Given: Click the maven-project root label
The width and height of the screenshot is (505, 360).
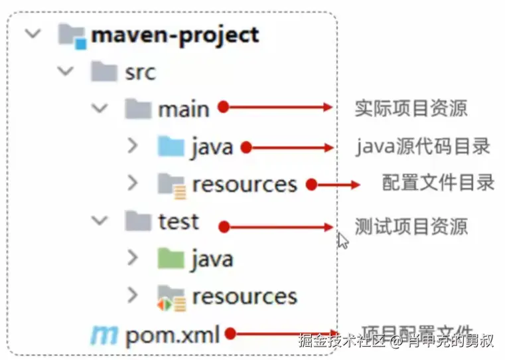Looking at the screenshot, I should click(175, 35).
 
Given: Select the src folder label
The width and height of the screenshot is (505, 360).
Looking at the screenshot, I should click(140, 72).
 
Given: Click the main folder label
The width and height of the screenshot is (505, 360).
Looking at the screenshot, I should click(184, 109).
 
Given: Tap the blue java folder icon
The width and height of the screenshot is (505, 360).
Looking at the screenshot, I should click(171, 146).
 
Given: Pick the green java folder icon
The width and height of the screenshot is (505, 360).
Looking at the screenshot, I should click(171, 258).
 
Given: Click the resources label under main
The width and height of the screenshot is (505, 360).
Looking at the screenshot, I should click(244, 184).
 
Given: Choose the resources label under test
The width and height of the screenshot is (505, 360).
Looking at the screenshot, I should click(244, 296).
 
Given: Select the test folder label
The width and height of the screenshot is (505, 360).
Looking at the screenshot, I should click(179, 221).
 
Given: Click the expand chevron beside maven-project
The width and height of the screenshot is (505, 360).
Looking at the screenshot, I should click(32, 34).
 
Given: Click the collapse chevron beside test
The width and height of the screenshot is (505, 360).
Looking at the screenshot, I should click(100, 221).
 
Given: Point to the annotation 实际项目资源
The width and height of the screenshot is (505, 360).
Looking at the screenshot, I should click(411, 108).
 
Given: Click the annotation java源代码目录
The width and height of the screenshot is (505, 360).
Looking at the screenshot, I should click(423, 146).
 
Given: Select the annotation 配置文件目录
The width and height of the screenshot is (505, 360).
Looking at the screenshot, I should click(438, 182).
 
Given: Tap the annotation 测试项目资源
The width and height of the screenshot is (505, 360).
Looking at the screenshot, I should click(411, 226).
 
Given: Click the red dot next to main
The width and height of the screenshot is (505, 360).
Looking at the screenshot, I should click(224, 107).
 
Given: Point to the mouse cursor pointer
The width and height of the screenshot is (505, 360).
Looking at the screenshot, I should click(342, 239).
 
